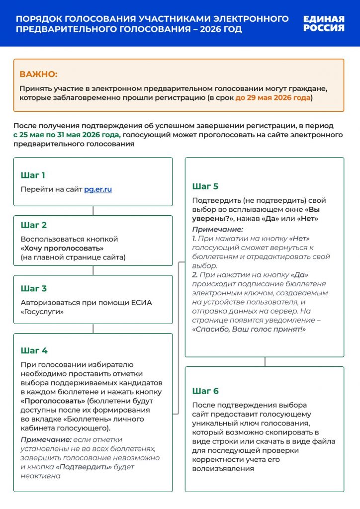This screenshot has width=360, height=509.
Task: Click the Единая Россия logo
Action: coord(324,23)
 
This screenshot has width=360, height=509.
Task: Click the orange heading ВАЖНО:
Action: coord(38,75)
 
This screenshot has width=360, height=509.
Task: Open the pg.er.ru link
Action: coord(98,189)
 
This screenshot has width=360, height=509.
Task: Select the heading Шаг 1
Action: coord(33,175)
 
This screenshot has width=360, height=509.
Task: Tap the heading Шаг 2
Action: coord(34,225)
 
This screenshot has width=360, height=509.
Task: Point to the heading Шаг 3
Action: coord(34,288)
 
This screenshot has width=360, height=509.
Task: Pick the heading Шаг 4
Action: coord(34,350)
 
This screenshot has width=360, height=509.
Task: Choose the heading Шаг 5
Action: coord(205,186)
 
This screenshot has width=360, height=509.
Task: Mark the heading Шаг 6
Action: coord(205,391)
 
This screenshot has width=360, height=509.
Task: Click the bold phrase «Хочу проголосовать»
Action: coord(62,248)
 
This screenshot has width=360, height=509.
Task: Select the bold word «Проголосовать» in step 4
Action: coord(47,401)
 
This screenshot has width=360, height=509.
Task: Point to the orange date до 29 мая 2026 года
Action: coord(273,97)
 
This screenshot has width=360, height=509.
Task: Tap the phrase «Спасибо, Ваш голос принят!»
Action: coord(249,329)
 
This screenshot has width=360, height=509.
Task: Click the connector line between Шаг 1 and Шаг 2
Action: coord(93,211)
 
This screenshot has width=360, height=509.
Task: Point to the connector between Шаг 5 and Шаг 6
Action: coord(265,362)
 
